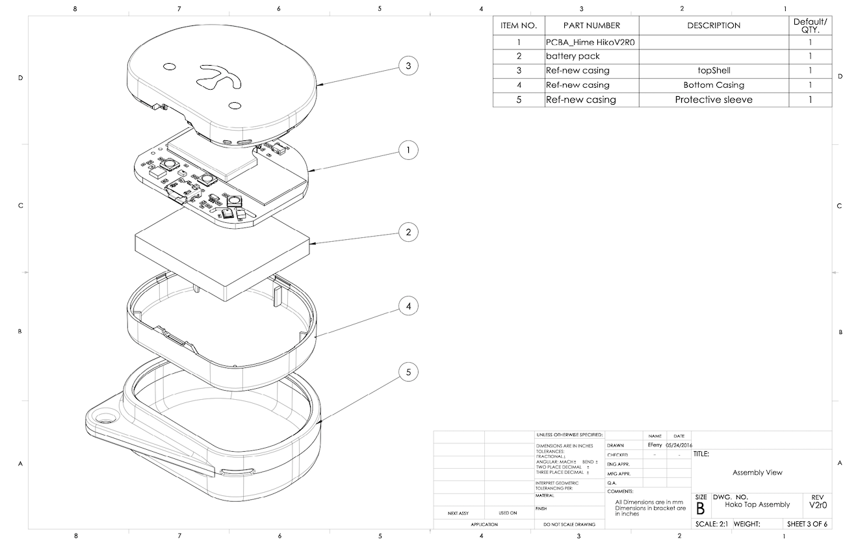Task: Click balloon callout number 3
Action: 408,66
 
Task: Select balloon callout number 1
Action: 408,150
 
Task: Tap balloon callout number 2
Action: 408,232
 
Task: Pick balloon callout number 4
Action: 408,306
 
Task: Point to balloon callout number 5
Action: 408,372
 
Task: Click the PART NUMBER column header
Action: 591,25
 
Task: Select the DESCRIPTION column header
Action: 714,25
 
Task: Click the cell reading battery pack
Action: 573,56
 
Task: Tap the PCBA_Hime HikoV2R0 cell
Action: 590,42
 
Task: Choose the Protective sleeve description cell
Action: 714,100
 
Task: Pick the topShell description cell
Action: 714,70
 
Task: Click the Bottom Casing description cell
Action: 714,85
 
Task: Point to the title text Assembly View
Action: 757,473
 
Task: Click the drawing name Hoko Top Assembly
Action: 757,504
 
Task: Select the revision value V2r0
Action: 818,505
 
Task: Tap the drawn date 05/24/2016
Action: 679,445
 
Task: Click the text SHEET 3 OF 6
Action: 807,524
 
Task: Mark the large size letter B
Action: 701,508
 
